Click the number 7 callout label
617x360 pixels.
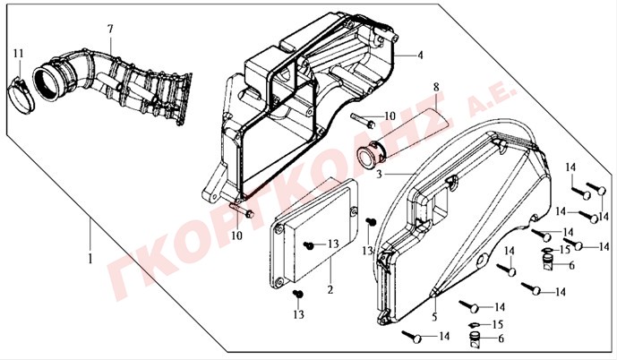[110, 29]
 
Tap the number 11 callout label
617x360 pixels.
[18, 53]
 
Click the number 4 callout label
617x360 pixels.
[420, 56]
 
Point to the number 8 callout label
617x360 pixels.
[436, 87]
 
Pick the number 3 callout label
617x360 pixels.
[379, 174]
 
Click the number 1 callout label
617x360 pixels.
[90, 259]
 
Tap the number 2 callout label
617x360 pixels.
[330, 289]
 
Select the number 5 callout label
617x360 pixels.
[434, 316]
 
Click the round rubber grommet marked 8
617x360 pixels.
[371, 155]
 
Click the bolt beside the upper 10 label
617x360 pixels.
[362, 120]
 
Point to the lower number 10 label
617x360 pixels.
[236, 236]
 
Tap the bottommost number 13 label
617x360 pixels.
[299, 314]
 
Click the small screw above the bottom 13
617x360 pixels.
[298, 294]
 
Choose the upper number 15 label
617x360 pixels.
[565, 250]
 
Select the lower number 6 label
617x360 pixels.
[501, 339]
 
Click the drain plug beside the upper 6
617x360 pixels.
[549, 262]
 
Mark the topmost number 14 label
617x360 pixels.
[570, 167]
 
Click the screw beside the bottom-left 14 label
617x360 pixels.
[412, 337]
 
